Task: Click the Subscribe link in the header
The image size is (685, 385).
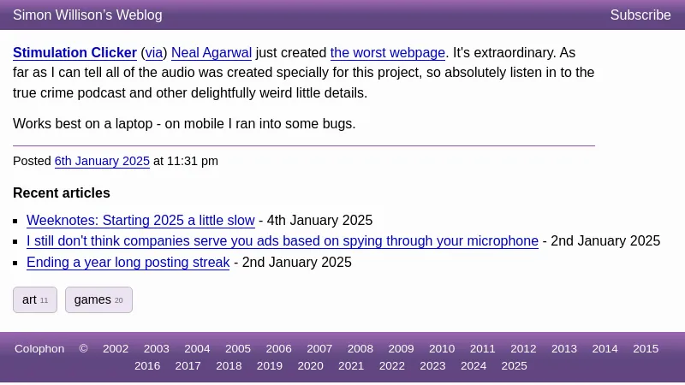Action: click(x=640, y=15)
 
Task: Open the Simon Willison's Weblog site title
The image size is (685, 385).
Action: click(x=87, y=15)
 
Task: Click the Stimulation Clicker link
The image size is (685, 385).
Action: click(x=74, y=52)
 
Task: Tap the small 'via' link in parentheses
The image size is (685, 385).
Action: click(x=154, y=53)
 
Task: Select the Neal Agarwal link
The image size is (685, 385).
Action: click(x=211, y=53)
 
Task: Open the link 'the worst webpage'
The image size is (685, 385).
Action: click(x=388, y=53)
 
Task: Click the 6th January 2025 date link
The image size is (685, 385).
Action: click(x=102, y=161)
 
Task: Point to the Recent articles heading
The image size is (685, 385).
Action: click(x=62, y=193)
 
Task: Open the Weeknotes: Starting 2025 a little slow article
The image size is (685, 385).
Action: click(x=140, y=220)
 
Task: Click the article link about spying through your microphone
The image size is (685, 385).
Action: click(x=283, y=241)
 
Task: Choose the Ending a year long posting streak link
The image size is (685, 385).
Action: click(x=128, y=263)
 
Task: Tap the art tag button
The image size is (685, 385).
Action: click(x=35, y=300)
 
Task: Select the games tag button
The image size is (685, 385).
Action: click(x=98, y=300)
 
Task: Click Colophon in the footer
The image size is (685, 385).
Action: click(x=39, y=349)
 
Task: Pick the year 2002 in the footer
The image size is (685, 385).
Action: click(x=116, y=349)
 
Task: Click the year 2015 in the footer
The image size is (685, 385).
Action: click(x=646, y=349)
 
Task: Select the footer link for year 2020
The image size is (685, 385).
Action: click(x=310, y=366)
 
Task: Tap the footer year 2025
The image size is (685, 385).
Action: click(x=515, y=366)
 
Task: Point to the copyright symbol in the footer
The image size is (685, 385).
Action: click(x=83, y=349)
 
